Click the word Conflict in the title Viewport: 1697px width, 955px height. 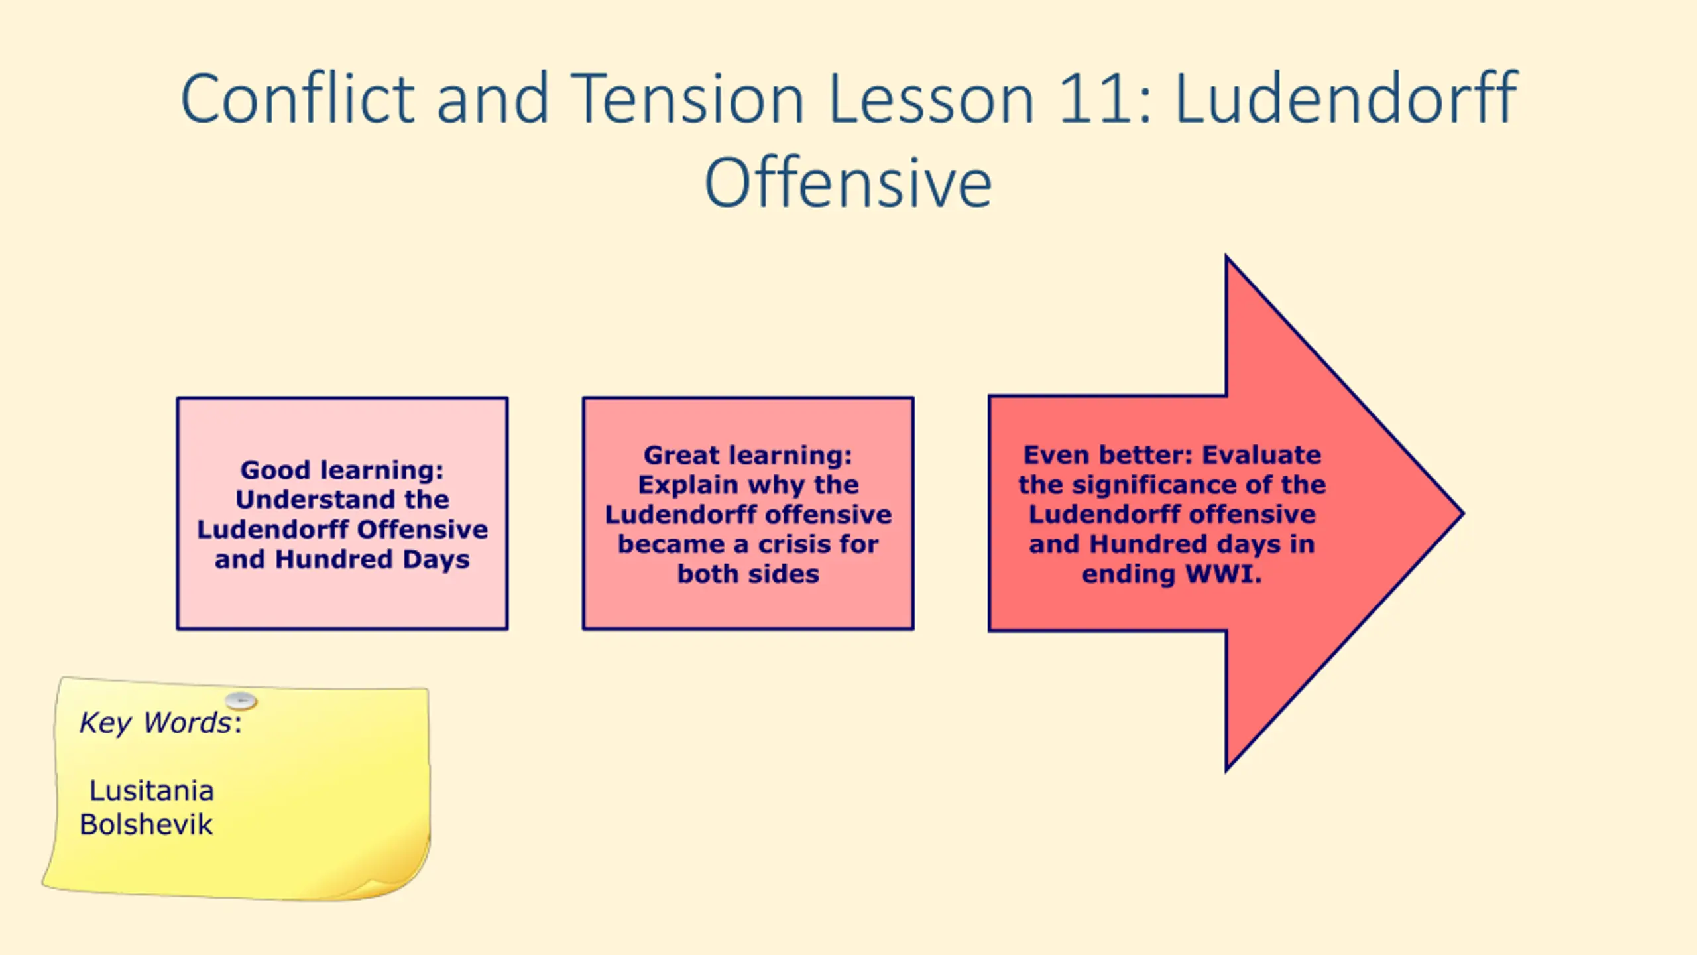[x=298, y=99]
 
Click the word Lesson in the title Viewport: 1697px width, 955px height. [x=931, y=99]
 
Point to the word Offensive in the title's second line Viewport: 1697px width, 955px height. [x=848, y=183]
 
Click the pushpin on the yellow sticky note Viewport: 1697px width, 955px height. [x=241, y=700]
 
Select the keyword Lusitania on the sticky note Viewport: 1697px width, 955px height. [x=152, y=791]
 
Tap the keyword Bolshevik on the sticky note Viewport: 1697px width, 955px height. [x=146, y=824]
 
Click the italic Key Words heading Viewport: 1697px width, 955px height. [x=160, y=723]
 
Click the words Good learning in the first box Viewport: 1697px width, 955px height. [x=342, y=470]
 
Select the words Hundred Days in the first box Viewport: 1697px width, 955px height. [x=373, y=559]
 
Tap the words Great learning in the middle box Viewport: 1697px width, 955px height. [x=748, y=455]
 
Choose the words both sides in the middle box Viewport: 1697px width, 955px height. [x=748, y=574]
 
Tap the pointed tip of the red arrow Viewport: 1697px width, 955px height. [x=1462, y=513]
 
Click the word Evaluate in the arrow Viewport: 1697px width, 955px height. [x=1261, y=455]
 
